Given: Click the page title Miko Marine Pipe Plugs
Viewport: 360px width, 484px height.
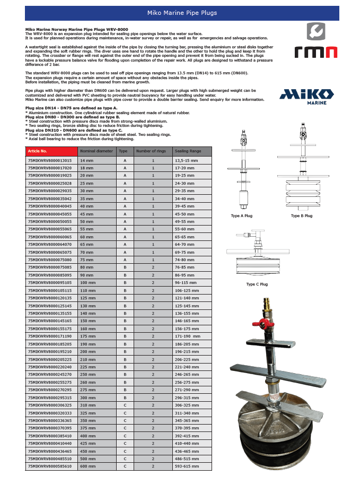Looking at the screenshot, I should pos(181,13).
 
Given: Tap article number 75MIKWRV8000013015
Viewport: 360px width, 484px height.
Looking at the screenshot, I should pos(49,160).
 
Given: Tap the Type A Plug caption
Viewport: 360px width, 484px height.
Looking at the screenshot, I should pos(242,216).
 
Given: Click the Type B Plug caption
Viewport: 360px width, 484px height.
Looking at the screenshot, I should pos(301,216).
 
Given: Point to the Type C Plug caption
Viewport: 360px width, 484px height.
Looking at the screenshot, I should pos(257,284).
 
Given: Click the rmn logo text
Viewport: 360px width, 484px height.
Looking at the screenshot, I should pos(316,51).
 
